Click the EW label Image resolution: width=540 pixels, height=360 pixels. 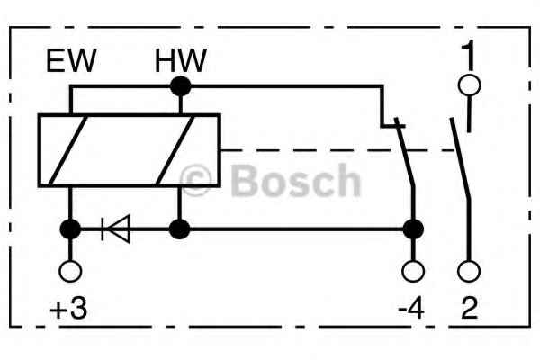pos(71,61)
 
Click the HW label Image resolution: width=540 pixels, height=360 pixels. pos(181,60)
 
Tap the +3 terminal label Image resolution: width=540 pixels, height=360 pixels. pos(68,309)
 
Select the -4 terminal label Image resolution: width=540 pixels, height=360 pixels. pos(411,308)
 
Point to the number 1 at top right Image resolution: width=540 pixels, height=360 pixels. pos(468,54)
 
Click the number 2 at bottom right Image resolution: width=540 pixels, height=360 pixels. pos(470,308)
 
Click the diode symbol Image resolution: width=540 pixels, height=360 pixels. pos(116,229)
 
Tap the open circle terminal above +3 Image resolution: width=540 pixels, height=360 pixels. pos(70,271)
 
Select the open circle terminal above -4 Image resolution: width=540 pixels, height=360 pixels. pos(413,271)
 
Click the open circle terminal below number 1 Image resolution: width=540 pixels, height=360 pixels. pos(470,85)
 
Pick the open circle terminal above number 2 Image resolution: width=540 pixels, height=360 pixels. pos(469,271)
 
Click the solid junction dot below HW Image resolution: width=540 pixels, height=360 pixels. pos(181,86)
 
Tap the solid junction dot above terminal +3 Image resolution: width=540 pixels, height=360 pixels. pos(70,229)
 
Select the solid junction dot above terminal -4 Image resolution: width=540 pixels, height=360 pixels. pos(413,229)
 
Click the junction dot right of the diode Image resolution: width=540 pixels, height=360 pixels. pos(179,229)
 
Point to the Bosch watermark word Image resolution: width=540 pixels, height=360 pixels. pos(295,181)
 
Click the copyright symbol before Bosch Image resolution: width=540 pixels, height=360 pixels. pos(195,180)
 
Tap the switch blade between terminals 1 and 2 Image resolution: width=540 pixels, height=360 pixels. pos(460,158)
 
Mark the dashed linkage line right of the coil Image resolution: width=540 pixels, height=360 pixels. pos(337,150)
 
